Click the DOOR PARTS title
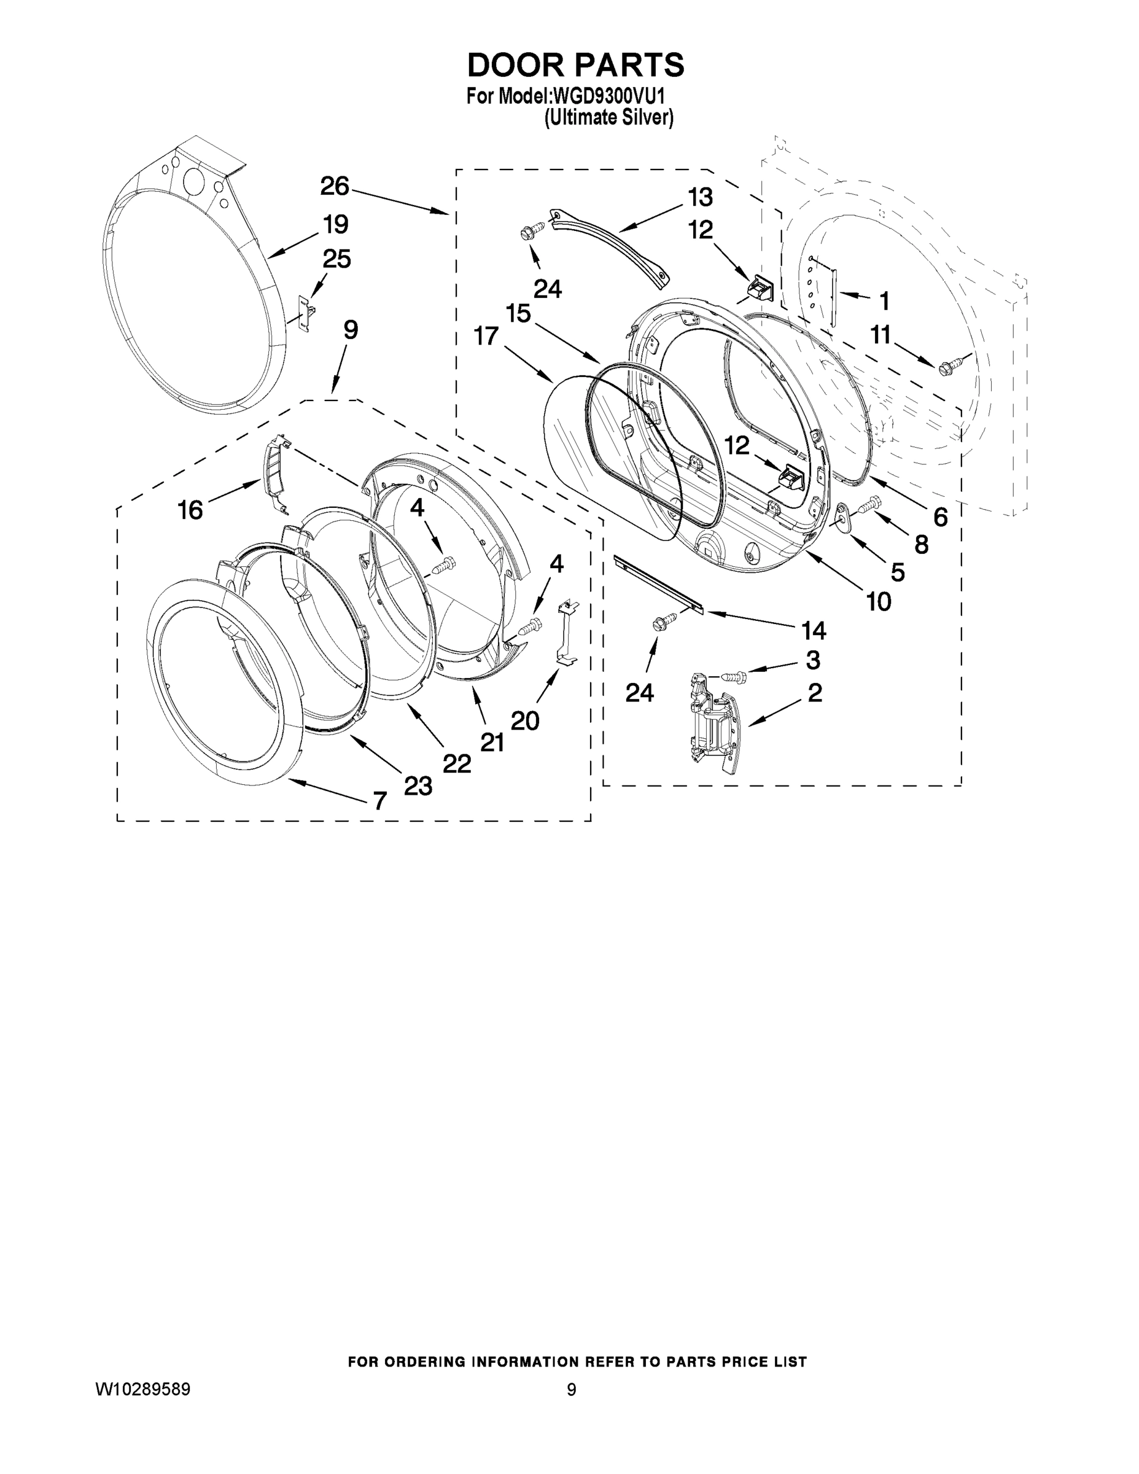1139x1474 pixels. (575, 66)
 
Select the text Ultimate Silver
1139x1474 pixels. (608, 117)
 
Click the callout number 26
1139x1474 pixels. (335, 186)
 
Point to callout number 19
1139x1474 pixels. (335, 224)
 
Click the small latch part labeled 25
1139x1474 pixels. (305, 313)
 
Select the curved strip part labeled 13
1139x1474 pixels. (611, 246)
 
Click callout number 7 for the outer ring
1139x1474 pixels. (380, 800)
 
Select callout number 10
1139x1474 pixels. (879, 601)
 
